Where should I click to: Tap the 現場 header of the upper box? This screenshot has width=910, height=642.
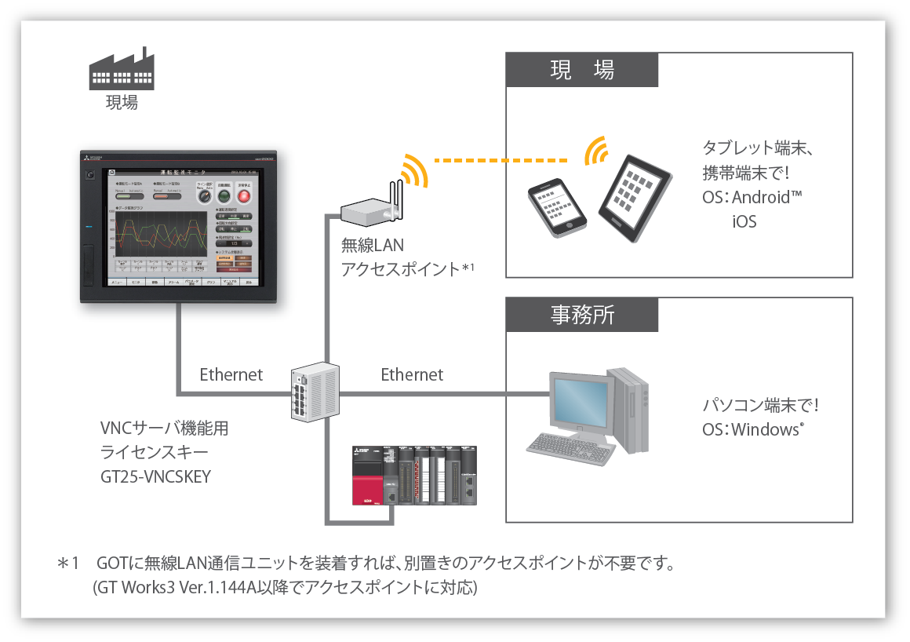pos(581,70)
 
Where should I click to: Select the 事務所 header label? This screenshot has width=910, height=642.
pos(581,315)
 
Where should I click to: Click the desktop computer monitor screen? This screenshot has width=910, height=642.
pos(580,402)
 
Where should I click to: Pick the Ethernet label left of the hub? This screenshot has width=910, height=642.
pos(231,374)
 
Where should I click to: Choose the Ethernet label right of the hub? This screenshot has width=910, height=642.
pos(412,374)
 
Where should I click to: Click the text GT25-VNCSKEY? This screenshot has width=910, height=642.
pos(155,476)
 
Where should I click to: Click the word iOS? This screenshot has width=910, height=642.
pos(744,221)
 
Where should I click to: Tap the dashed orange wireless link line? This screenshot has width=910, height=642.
pos(502,161)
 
